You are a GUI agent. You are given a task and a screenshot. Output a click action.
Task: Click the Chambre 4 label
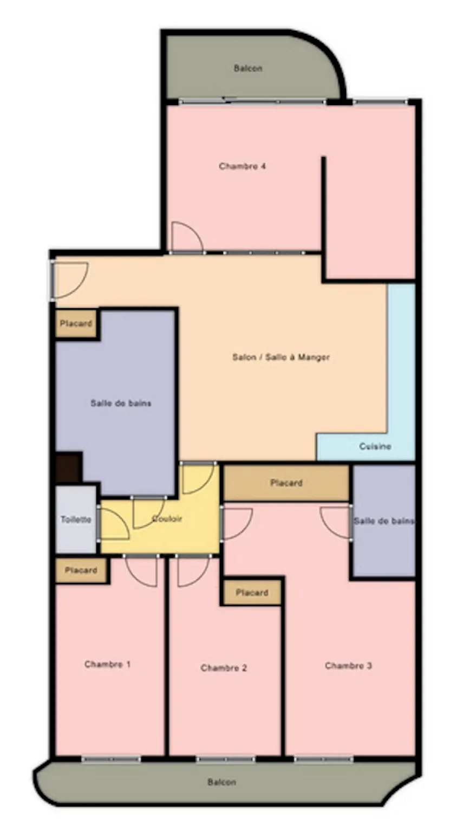point(243,166)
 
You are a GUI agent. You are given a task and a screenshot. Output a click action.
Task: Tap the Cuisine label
point(375,446)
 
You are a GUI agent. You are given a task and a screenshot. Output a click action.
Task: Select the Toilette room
point(76,519)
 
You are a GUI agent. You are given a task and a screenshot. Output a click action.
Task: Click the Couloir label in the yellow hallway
point(167,518)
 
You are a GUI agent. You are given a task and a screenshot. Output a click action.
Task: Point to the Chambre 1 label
point(107,664)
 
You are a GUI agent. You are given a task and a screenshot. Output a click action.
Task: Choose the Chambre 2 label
point(224,668)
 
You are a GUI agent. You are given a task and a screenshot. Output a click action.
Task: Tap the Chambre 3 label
point(348,666)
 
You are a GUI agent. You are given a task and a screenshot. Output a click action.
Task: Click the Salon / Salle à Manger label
point(281,357)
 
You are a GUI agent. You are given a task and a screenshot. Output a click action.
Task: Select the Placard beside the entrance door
point(76,323)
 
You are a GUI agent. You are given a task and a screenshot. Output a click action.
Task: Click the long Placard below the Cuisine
point(286,483)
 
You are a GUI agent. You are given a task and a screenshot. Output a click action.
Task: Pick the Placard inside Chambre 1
point(81,570)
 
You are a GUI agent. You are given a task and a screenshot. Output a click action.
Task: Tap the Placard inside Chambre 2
point(252,592)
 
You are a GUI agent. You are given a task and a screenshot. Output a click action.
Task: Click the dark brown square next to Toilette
point(68,467)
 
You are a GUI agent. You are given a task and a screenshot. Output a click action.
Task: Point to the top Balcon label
point(248,68)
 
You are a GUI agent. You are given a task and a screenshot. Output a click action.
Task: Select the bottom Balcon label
point(221,782)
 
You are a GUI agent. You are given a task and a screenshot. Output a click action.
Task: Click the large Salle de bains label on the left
point(121,403)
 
